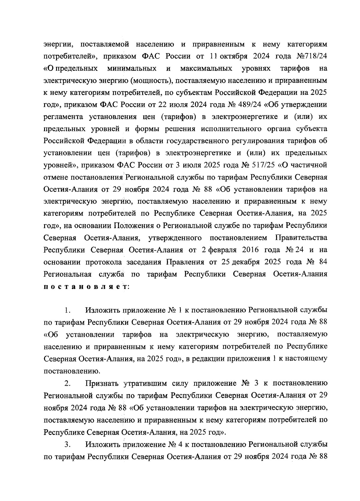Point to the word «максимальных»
pos(206,68)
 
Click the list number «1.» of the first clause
pos(67,310)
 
